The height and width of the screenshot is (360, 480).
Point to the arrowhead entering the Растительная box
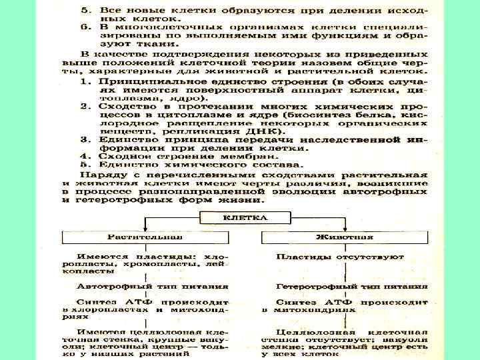[x=145, y=229]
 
